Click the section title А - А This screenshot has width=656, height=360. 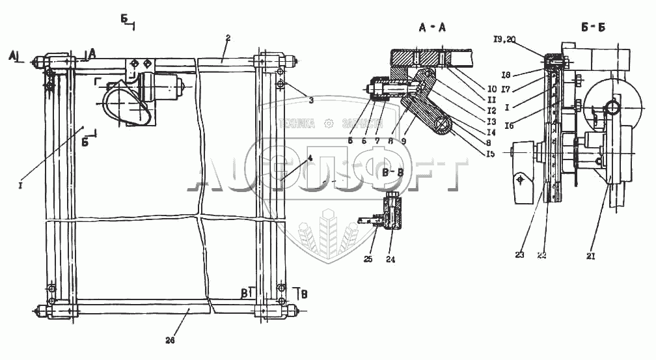(433, 28)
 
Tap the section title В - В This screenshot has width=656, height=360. (392, 173)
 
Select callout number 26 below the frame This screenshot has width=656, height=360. (171, 340)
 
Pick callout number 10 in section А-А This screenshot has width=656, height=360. (492, 88)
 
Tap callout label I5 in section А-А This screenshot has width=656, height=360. (491, 154)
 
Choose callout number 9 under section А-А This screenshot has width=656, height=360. (404, 139)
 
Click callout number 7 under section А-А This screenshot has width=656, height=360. (378, 139)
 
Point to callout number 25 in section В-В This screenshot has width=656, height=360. (372, 247)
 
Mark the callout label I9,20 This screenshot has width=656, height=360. (504, 40)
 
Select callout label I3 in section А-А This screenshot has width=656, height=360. (491, 122)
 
